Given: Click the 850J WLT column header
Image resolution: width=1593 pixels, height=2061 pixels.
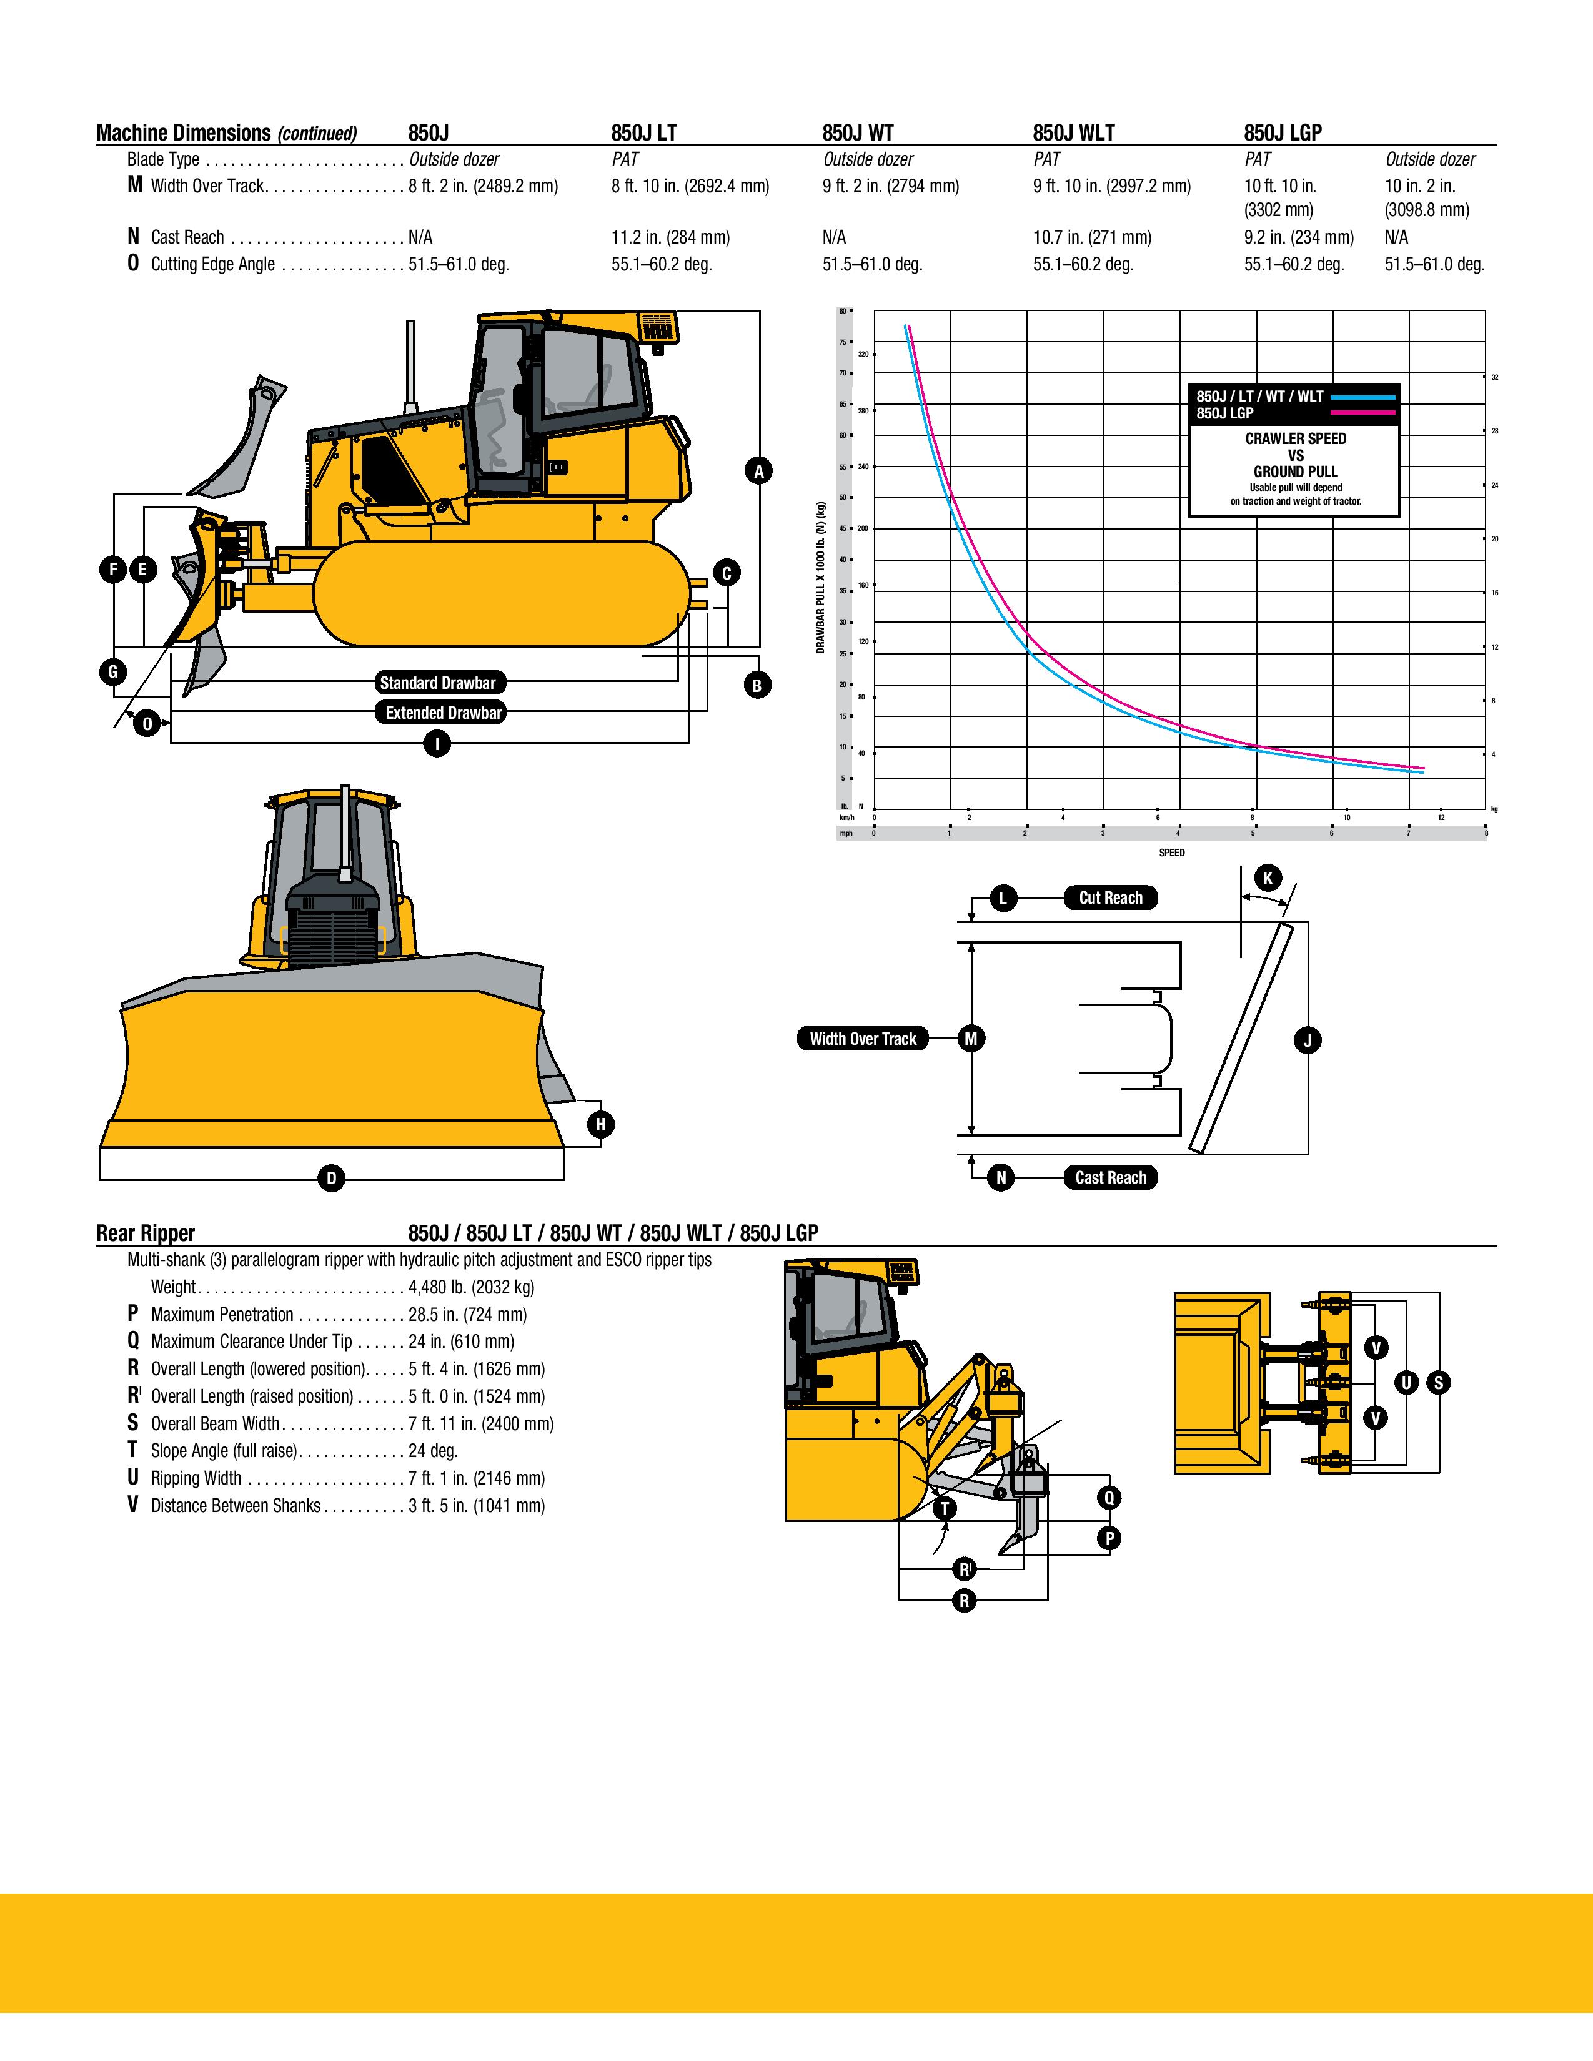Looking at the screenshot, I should click(1073, 133).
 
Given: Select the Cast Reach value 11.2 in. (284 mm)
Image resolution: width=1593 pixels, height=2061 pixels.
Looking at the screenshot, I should click(670, 237).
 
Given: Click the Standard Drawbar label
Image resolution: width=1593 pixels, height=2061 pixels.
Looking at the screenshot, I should click(437, 682).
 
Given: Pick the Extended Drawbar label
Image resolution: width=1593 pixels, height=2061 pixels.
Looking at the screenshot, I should click(443, 713).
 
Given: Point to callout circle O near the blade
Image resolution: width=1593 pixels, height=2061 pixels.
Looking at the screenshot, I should click(147, 724).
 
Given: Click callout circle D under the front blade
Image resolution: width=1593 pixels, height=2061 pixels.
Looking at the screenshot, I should click(330, 1178).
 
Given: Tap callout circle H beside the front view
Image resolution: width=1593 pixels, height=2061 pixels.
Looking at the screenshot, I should click(600, 1124).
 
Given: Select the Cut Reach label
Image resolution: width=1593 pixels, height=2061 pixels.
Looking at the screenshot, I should click(1110, 897).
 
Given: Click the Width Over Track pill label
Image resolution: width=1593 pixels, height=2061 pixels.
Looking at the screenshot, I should click(863, 1039).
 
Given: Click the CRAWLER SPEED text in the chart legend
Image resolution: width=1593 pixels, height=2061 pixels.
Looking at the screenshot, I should click(1295, 439).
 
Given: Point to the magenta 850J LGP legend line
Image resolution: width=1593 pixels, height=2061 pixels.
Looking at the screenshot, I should click(1362, 413).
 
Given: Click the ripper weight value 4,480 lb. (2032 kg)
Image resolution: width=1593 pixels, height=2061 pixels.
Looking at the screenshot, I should click(471, 1287).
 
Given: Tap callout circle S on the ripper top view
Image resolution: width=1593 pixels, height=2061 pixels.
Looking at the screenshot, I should click(1438, 1383).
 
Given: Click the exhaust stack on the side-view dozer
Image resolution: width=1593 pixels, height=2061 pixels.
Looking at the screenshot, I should click(410, 366).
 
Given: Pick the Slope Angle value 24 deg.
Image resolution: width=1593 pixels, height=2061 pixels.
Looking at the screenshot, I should click(432, 1450).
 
